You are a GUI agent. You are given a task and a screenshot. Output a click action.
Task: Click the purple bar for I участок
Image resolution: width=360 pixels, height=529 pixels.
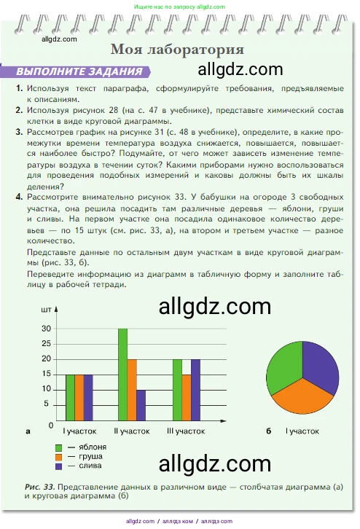(88, 397)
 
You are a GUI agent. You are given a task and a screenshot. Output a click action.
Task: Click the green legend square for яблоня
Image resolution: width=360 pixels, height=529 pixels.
(58, 446)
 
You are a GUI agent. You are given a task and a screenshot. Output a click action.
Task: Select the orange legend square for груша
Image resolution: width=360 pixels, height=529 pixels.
(58, 455)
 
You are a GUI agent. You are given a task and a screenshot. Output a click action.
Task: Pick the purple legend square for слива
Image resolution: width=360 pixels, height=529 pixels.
(58, 465)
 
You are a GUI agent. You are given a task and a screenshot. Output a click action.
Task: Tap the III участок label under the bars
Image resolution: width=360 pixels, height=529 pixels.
(186, 431)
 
